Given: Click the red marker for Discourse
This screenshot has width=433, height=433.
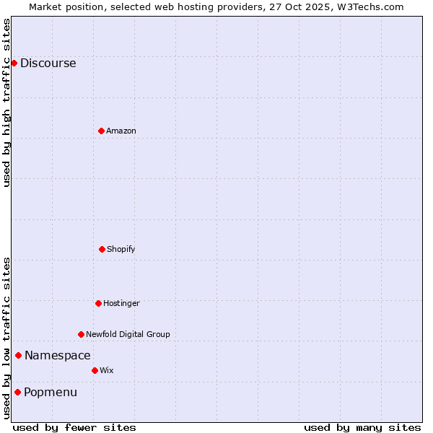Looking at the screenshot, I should coord(14,63).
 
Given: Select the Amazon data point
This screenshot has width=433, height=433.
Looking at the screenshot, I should coord(101,131).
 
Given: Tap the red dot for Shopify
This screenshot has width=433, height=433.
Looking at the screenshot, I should coord(102,249).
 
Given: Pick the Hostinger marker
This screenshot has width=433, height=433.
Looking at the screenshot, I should coord(98,303).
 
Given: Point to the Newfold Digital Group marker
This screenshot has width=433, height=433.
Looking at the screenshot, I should coord(81,334).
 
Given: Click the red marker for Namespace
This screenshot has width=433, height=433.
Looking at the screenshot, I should coord(18,355).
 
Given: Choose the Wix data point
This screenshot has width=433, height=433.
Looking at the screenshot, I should coord(95,370).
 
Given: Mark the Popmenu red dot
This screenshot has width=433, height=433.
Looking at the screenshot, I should coord(17,392).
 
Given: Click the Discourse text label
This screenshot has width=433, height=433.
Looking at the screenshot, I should coord(48,63).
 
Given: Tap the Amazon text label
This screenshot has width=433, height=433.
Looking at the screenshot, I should coord(121,131).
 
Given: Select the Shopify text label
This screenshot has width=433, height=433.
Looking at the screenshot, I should coord(121,249).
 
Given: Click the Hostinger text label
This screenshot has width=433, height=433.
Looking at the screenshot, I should coord(121,303).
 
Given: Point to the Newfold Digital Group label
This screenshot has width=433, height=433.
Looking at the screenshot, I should coord(128,334).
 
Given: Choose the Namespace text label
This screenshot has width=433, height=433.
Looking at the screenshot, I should coord(58,355).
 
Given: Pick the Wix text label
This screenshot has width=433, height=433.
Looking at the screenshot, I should coord(107,370).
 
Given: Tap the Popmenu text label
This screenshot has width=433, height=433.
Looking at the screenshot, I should coord(51,392).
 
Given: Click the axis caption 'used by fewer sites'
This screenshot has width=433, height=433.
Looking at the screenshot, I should coord(74,427).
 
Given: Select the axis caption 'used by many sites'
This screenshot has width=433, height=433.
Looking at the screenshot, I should coord(362,427).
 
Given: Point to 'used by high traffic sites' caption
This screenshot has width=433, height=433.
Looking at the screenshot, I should coord(6,102).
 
